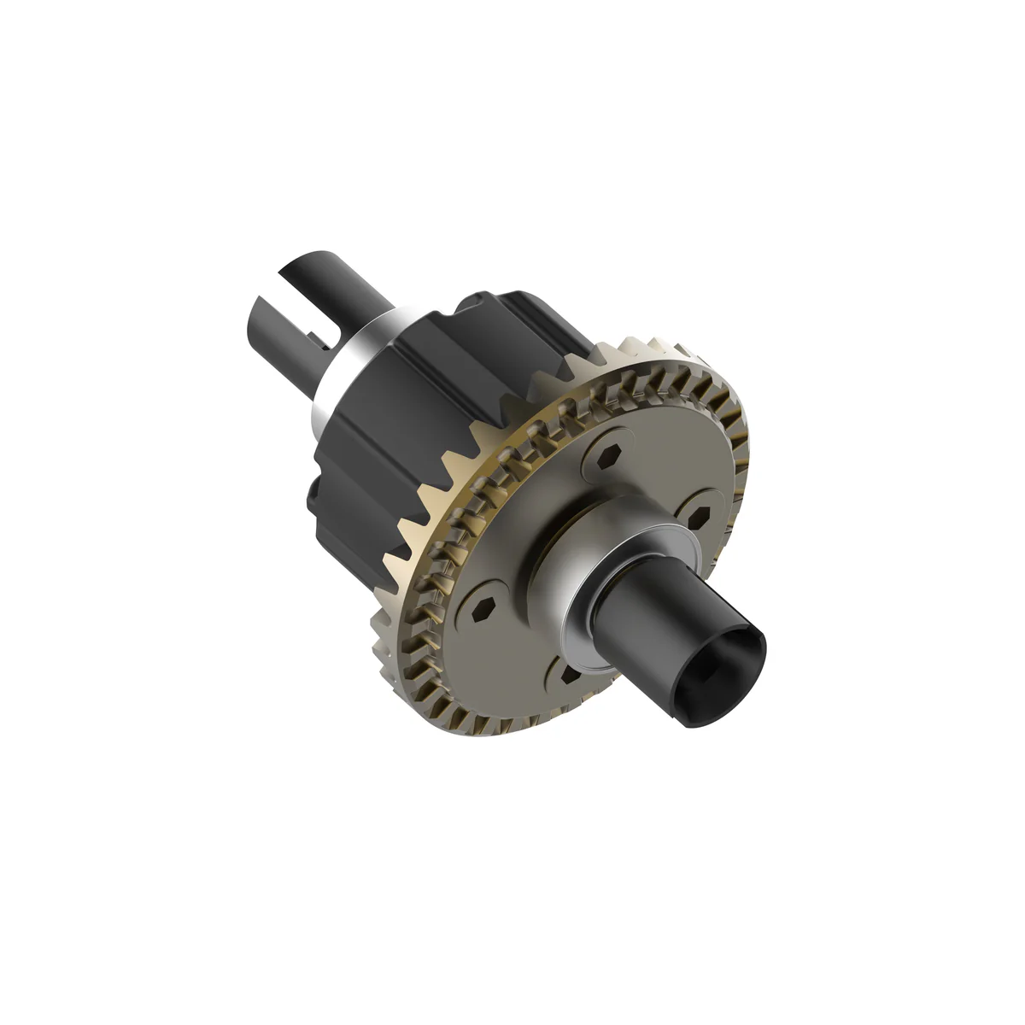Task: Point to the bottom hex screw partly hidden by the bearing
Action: click(569, 676)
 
